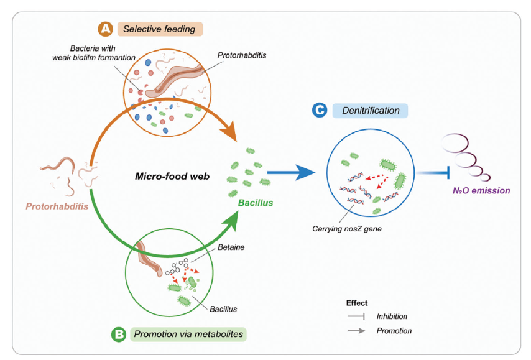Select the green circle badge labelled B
click(x=118, y=335)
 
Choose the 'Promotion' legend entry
click(x=394, y=331)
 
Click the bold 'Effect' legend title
click(x=357, y=303)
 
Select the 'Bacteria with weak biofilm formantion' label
click(x=100, y=53)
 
